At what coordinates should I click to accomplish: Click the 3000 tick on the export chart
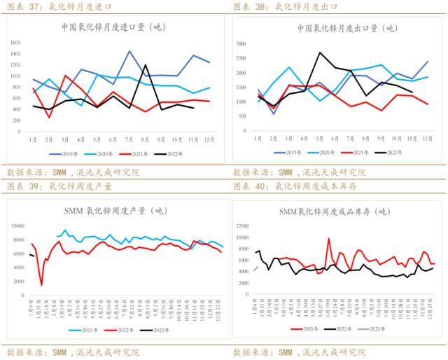(x=242, y=43)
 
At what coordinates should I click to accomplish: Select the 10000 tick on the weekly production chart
(x=17, y=226)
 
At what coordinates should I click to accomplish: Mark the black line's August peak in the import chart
(x=146, y=65)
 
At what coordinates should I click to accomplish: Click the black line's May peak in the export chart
(x=320, y=53)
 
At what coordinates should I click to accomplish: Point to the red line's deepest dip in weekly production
(x=41, y=284)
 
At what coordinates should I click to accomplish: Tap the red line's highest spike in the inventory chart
(x=329, y=239)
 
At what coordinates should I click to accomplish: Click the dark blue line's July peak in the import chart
(x=129, y=51)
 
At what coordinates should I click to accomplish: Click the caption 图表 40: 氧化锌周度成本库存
(x=288, y=187)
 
